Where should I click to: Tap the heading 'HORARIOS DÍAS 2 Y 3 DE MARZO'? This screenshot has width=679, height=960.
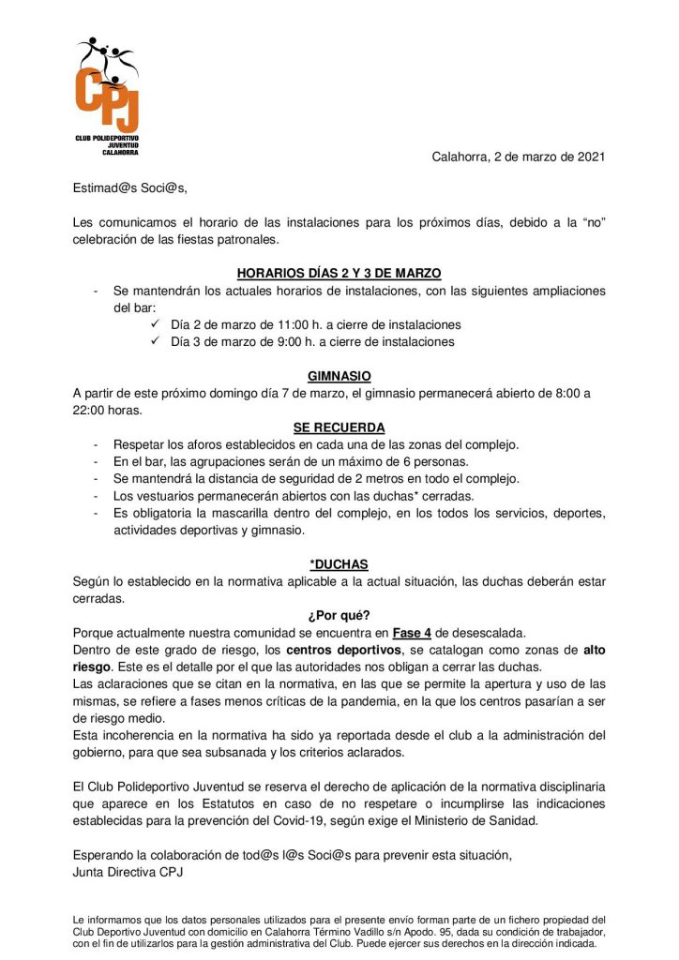(x=339, y=274)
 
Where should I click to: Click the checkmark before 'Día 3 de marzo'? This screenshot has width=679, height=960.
(x=156, y=342)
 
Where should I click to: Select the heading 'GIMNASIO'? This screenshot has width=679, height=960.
(x=339, y=376)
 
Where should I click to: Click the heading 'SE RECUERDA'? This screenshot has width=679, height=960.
(x=339, y=427)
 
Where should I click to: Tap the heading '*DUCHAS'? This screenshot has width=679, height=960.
(x=339, y=564)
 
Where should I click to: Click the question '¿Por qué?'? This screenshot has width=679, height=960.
(x=339, y=616)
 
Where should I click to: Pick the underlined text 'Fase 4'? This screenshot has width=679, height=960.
(x=413, y=633)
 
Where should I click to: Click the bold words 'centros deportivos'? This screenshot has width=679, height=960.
(x=353, y=650)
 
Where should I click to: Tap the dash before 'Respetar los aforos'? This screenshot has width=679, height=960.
(x=97, y=444)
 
